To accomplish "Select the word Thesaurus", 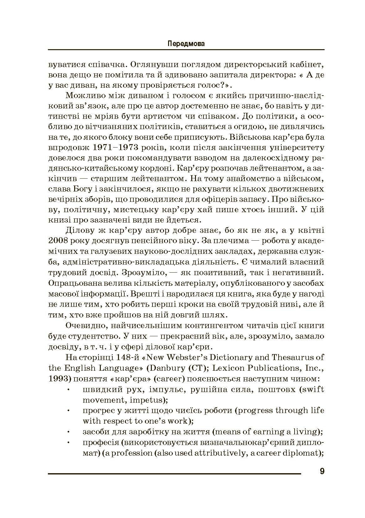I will (x=294, y=357).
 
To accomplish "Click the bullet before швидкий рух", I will (x=68, y=390).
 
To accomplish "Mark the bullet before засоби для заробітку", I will (x=68, y=432).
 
